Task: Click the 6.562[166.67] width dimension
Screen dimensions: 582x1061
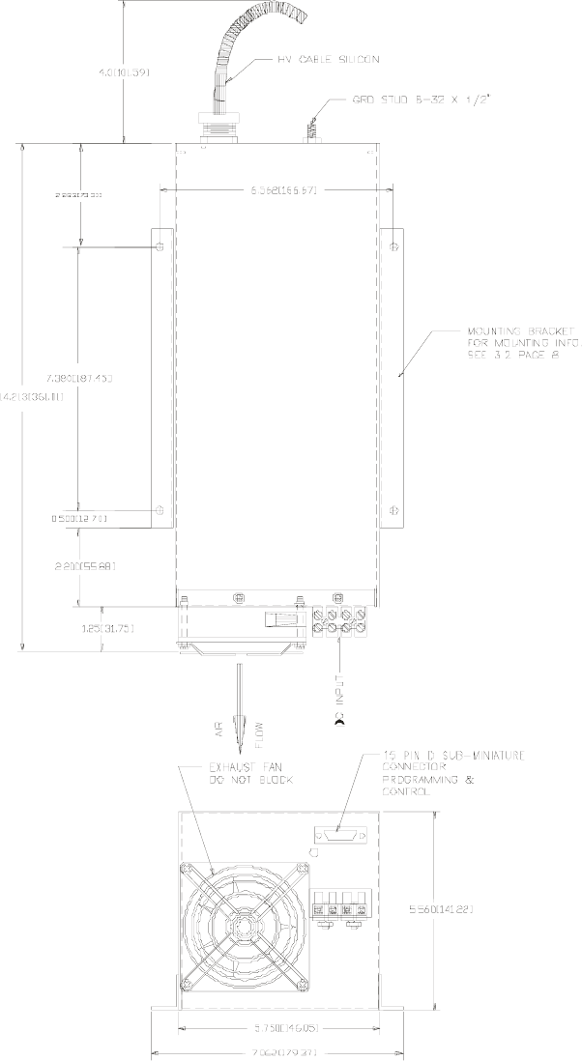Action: coord(280,189)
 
